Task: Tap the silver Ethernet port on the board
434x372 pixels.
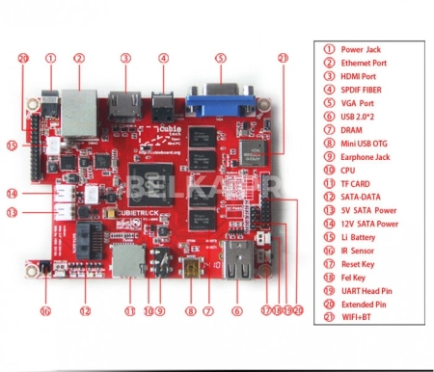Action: click(78, 100)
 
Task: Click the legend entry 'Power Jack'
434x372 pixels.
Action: click(361, 48)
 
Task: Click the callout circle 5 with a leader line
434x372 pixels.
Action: click(220, 58)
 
